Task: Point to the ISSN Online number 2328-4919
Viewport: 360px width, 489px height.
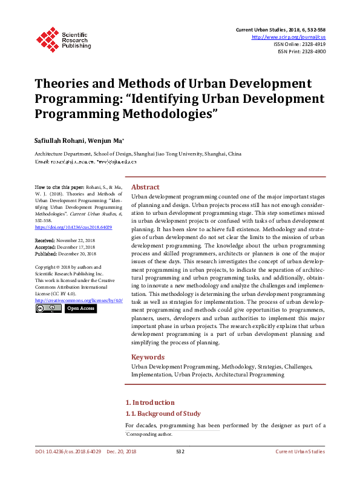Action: (x=312, y=44)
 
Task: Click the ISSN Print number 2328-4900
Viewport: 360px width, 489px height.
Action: (x=312, y=52)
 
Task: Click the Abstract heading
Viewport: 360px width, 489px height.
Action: (x=145, y=188)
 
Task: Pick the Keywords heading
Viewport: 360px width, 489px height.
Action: (x=148, y=357)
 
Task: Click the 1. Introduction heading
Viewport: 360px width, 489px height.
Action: (x=149, y=402)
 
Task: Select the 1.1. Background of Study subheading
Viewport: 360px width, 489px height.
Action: (x=162, y=414)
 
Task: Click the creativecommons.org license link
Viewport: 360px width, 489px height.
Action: (x=79, y=300)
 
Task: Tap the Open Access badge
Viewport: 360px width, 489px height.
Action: (x=80, y=309)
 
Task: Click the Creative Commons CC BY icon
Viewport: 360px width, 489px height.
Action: (x=48, y=309)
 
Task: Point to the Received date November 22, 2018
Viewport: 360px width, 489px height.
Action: (x=83, y=240)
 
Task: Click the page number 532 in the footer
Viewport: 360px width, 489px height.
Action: (x=180, y=451)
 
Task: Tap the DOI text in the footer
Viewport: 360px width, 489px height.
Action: (x=67, y=451)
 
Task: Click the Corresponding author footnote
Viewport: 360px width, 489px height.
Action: (x=149, y=435)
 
